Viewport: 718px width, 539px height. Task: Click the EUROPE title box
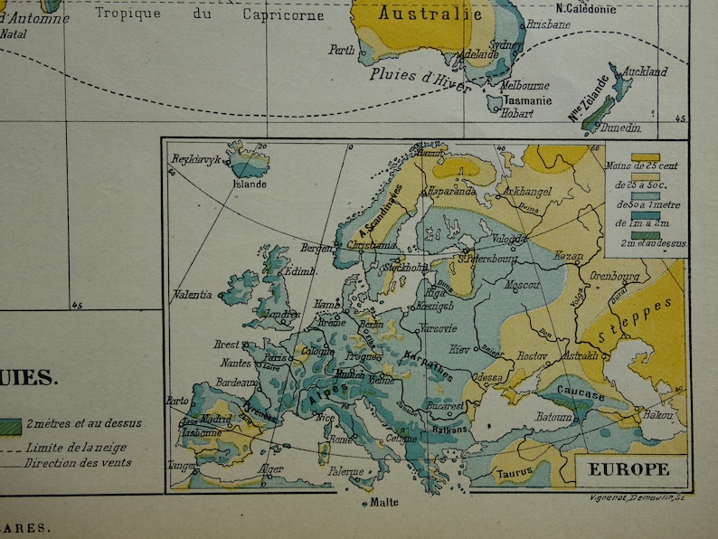pyautogui.click(x=629, y=469)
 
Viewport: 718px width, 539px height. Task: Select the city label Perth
pyautogui.click(x=343, y=51)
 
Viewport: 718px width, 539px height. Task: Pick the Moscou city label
pyautogui.click(x=520, y=285)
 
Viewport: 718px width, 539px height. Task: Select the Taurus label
pyautogui.click(x=513, y=472)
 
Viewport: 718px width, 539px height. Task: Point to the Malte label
pyautogui.click(x=384, y=503)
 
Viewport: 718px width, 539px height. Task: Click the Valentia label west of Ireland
pyautogui.click(x=193, y=295)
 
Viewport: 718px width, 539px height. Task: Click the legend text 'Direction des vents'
pyautogui.click(x=78, y=463)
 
